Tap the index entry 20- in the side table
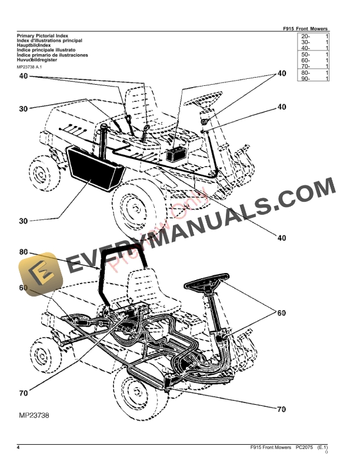[305, 36]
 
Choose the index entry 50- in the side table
[305, 54]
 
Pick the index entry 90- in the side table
[305, 78]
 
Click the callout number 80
[23, 252]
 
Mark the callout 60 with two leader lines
[281, 312]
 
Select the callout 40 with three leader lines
[281, 74]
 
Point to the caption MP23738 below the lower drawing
[33, 415]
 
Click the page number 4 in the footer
[19, 449]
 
